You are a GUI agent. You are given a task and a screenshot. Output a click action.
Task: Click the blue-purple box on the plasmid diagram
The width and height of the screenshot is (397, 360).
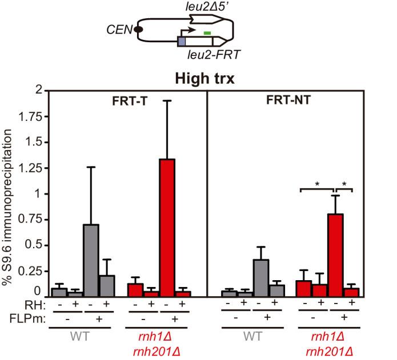point(182,42)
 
